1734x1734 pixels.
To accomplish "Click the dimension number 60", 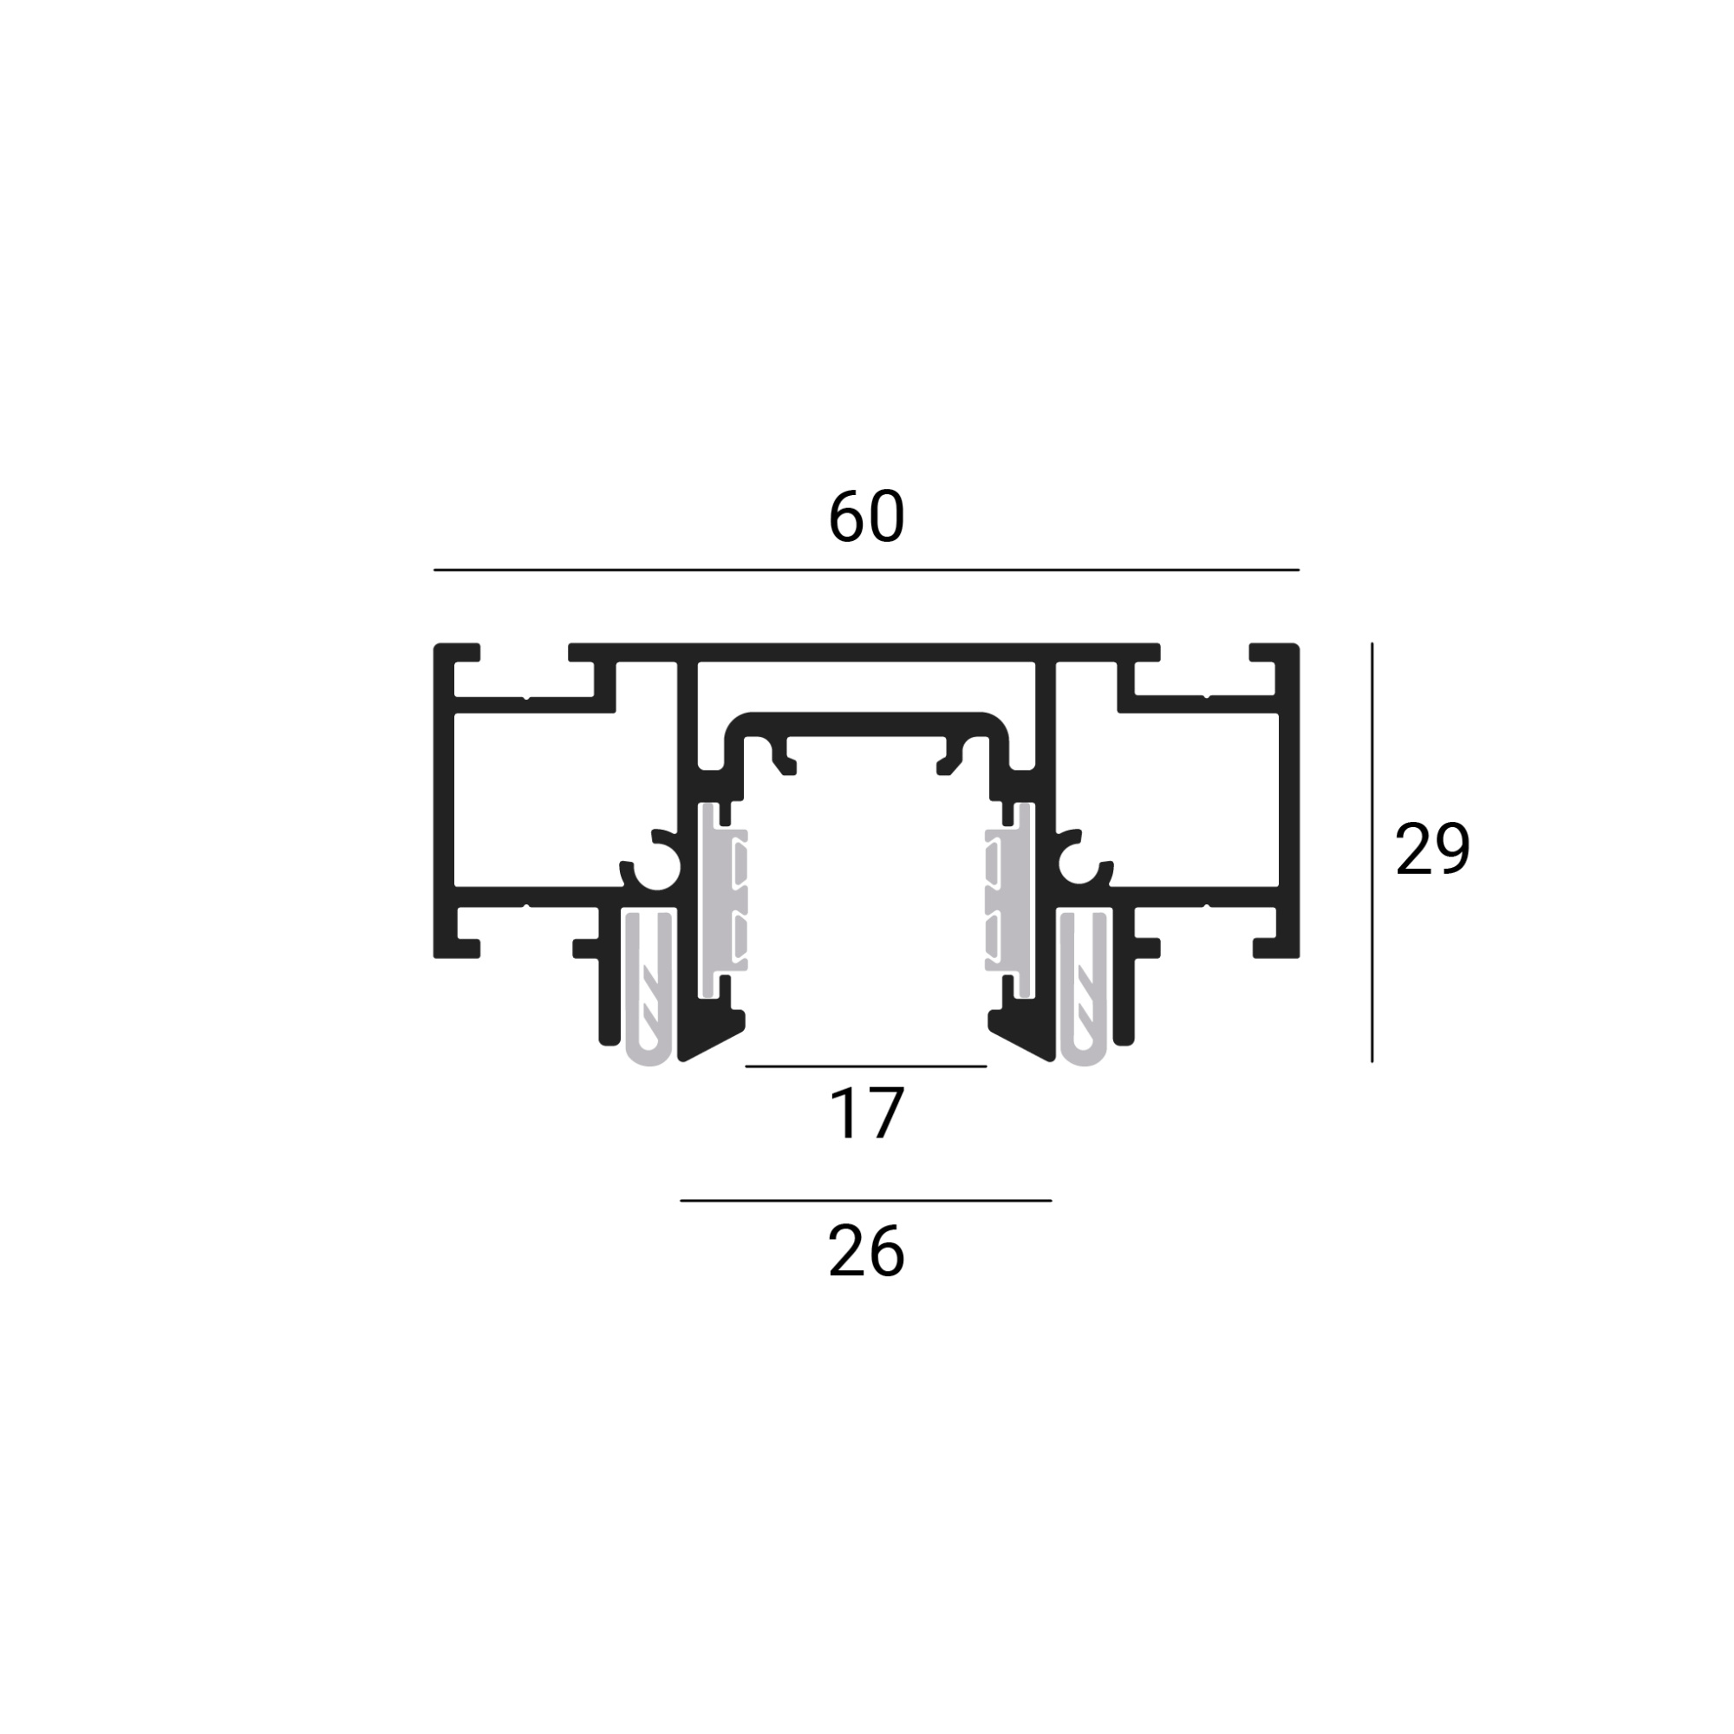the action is click(x=866, y=517).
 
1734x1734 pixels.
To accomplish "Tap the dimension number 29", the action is click(x=1432, y=848).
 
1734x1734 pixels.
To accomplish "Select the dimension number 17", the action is click(x=867, y=1114).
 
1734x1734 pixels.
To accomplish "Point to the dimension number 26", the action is click(x=866, y=1252).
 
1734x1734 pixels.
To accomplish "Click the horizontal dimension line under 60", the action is click(x=866, y=570).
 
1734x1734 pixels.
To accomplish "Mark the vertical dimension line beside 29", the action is click(x=1372, y=852).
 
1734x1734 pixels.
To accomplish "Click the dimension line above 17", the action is click(x=866, y=1066).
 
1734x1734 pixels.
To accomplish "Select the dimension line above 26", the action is click(x=866, y=1201).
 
